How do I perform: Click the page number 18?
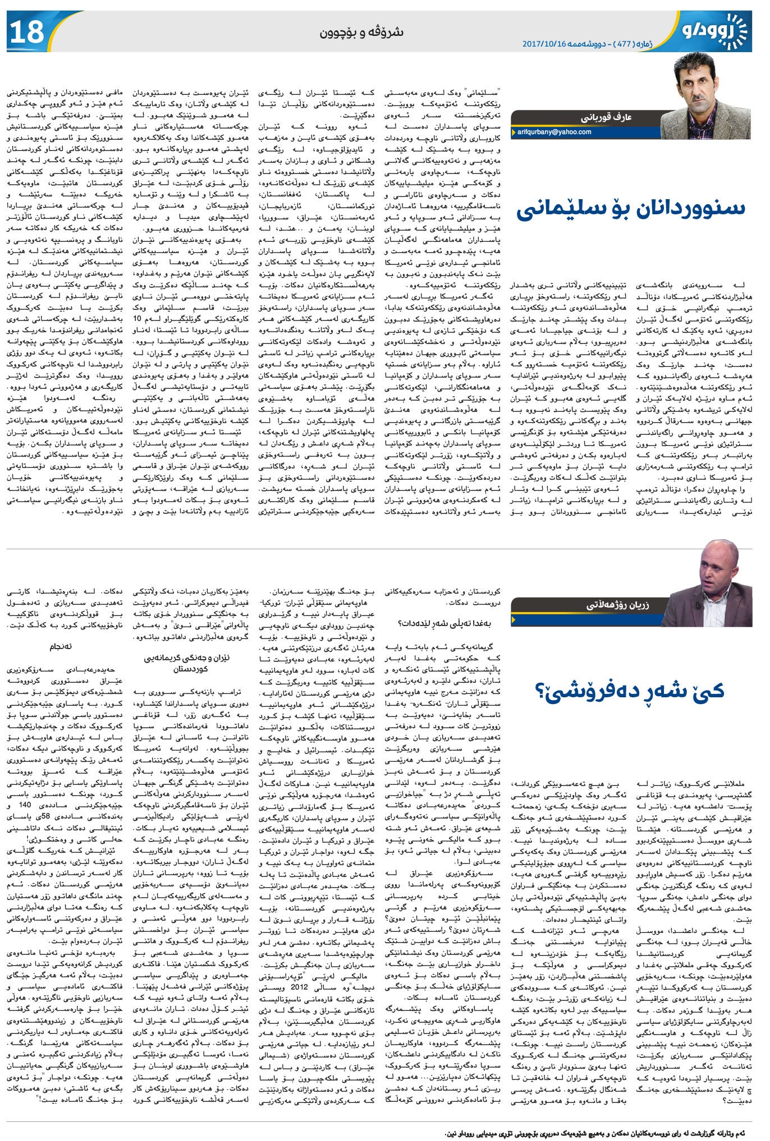pos(26,32)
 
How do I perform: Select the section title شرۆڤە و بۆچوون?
pos(361,31)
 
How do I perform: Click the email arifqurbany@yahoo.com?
pos(554,132)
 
